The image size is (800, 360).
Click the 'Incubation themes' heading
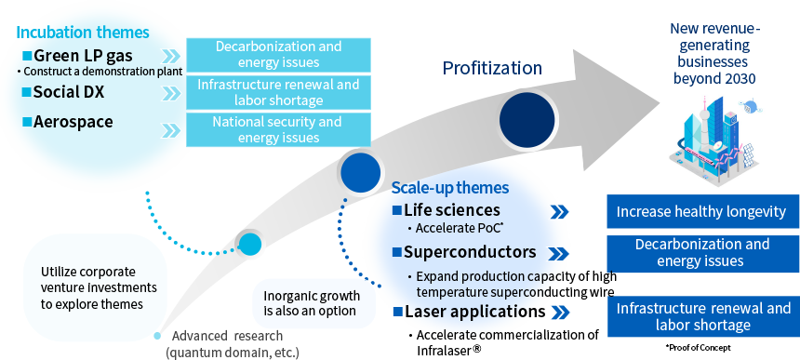point(83,33)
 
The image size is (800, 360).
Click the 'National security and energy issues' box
point(278,129)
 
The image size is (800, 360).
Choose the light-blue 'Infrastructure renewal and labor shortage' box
point(278,92)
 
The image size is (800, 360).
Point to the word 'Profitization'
point(492,68)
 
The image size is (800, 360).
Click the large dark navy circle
point(527,120)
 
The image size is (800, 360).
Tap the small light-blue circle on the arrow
point(250,245)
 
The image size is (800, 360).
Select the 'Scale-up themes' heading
point(450,188)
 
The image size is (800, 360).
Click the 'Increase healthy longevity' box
point(702,211)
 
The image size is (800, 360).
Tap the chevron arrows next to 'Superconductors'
point(560,253)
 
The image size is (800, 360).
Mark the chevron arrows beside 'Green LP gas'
point(171,56)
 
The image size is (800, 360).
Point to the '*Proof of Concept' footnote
point(698,348)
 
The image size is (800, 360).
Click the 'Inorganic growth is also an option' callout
point(313,303)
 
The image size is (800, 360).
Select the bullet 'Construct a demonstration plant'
point(100,72)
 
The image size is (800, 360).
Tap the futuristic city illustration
point(714,139)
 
